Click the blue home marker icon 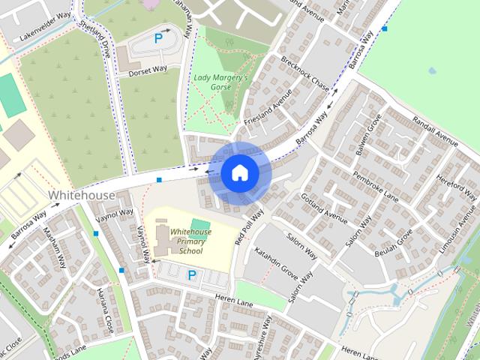(240, 172)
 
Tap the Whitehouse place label (82, 195)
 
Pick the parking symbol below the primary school (191, 275)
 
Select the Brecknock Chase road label (304, 70)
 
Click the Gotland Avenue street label (324, 208)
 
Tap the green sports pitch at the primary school (199, 224)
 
